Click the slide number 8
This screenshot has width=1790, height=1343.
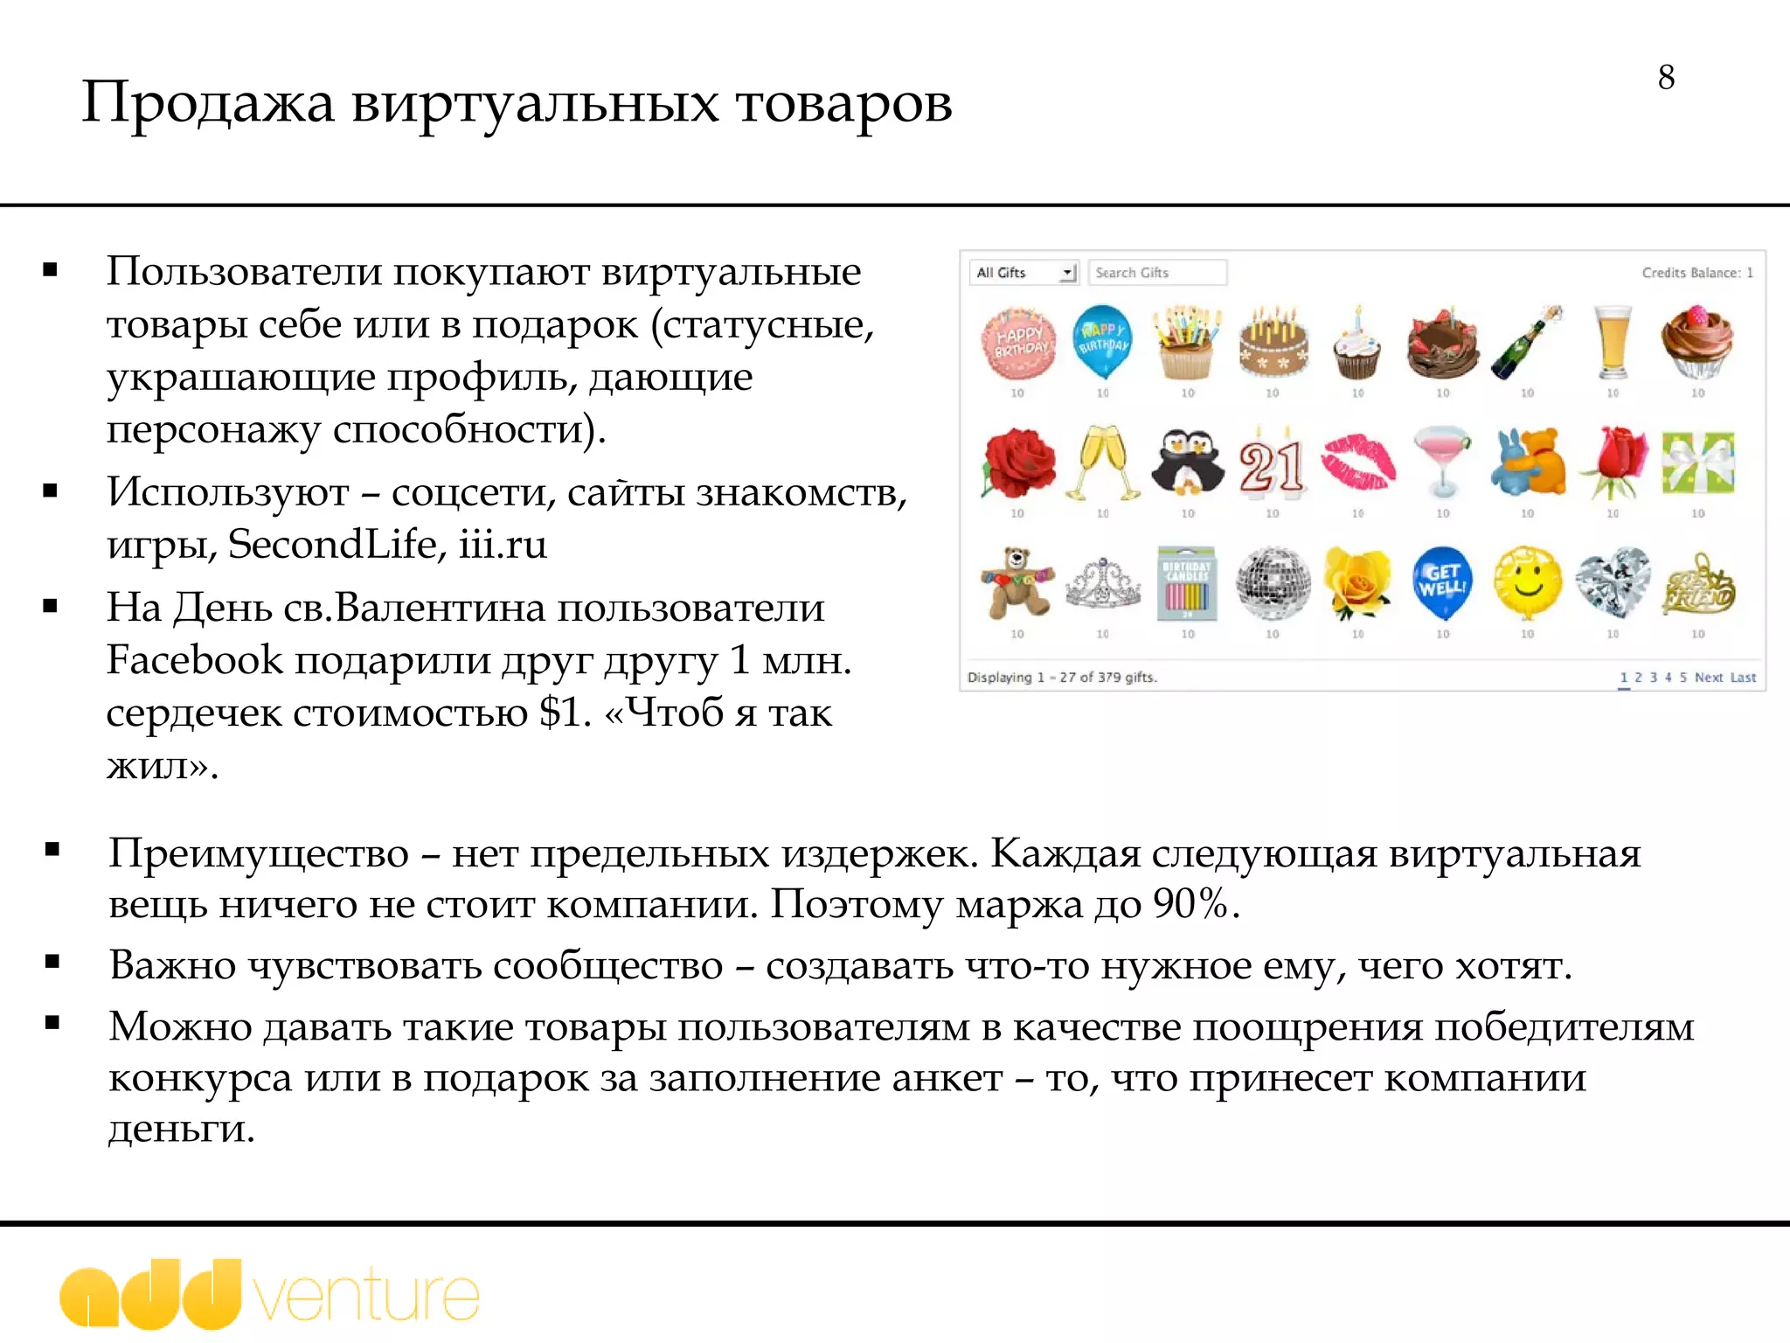pos(1666,77)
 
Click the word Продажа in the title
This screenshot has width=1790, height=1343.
pos(208,103)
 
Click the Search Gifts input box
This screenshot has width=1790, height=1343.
pos(1157,273)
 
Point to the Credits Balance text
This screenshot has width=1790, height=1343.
pos(1696,273)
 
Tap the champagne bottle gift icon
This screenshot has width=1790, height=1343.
pos(1527,342)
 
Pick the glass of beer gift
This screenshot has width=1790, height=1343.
pos(1612,342)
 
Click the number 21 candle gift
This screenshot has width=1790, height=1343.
pos(1272,463)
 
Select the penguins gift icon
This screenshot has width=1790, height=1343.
pos(1187,463)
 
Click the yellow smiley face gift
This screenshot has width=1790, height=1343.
pos(1527,581)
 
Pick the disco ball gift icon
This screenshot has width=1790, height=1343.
pos(1273,582)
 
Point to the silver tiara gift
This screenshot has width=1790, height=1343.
pos(1103,584)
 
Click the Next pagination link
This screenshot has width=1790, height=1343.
pos(1708,678)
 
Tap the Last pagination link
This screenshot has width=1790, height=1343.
pos(1743,678)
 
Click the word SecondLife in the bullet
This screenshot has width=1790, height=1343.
pos(332,545)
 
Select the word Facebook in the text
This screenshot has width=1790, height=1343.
pos(195,660)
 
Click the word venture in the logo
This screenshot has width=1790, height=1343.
pos(367,1297)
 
